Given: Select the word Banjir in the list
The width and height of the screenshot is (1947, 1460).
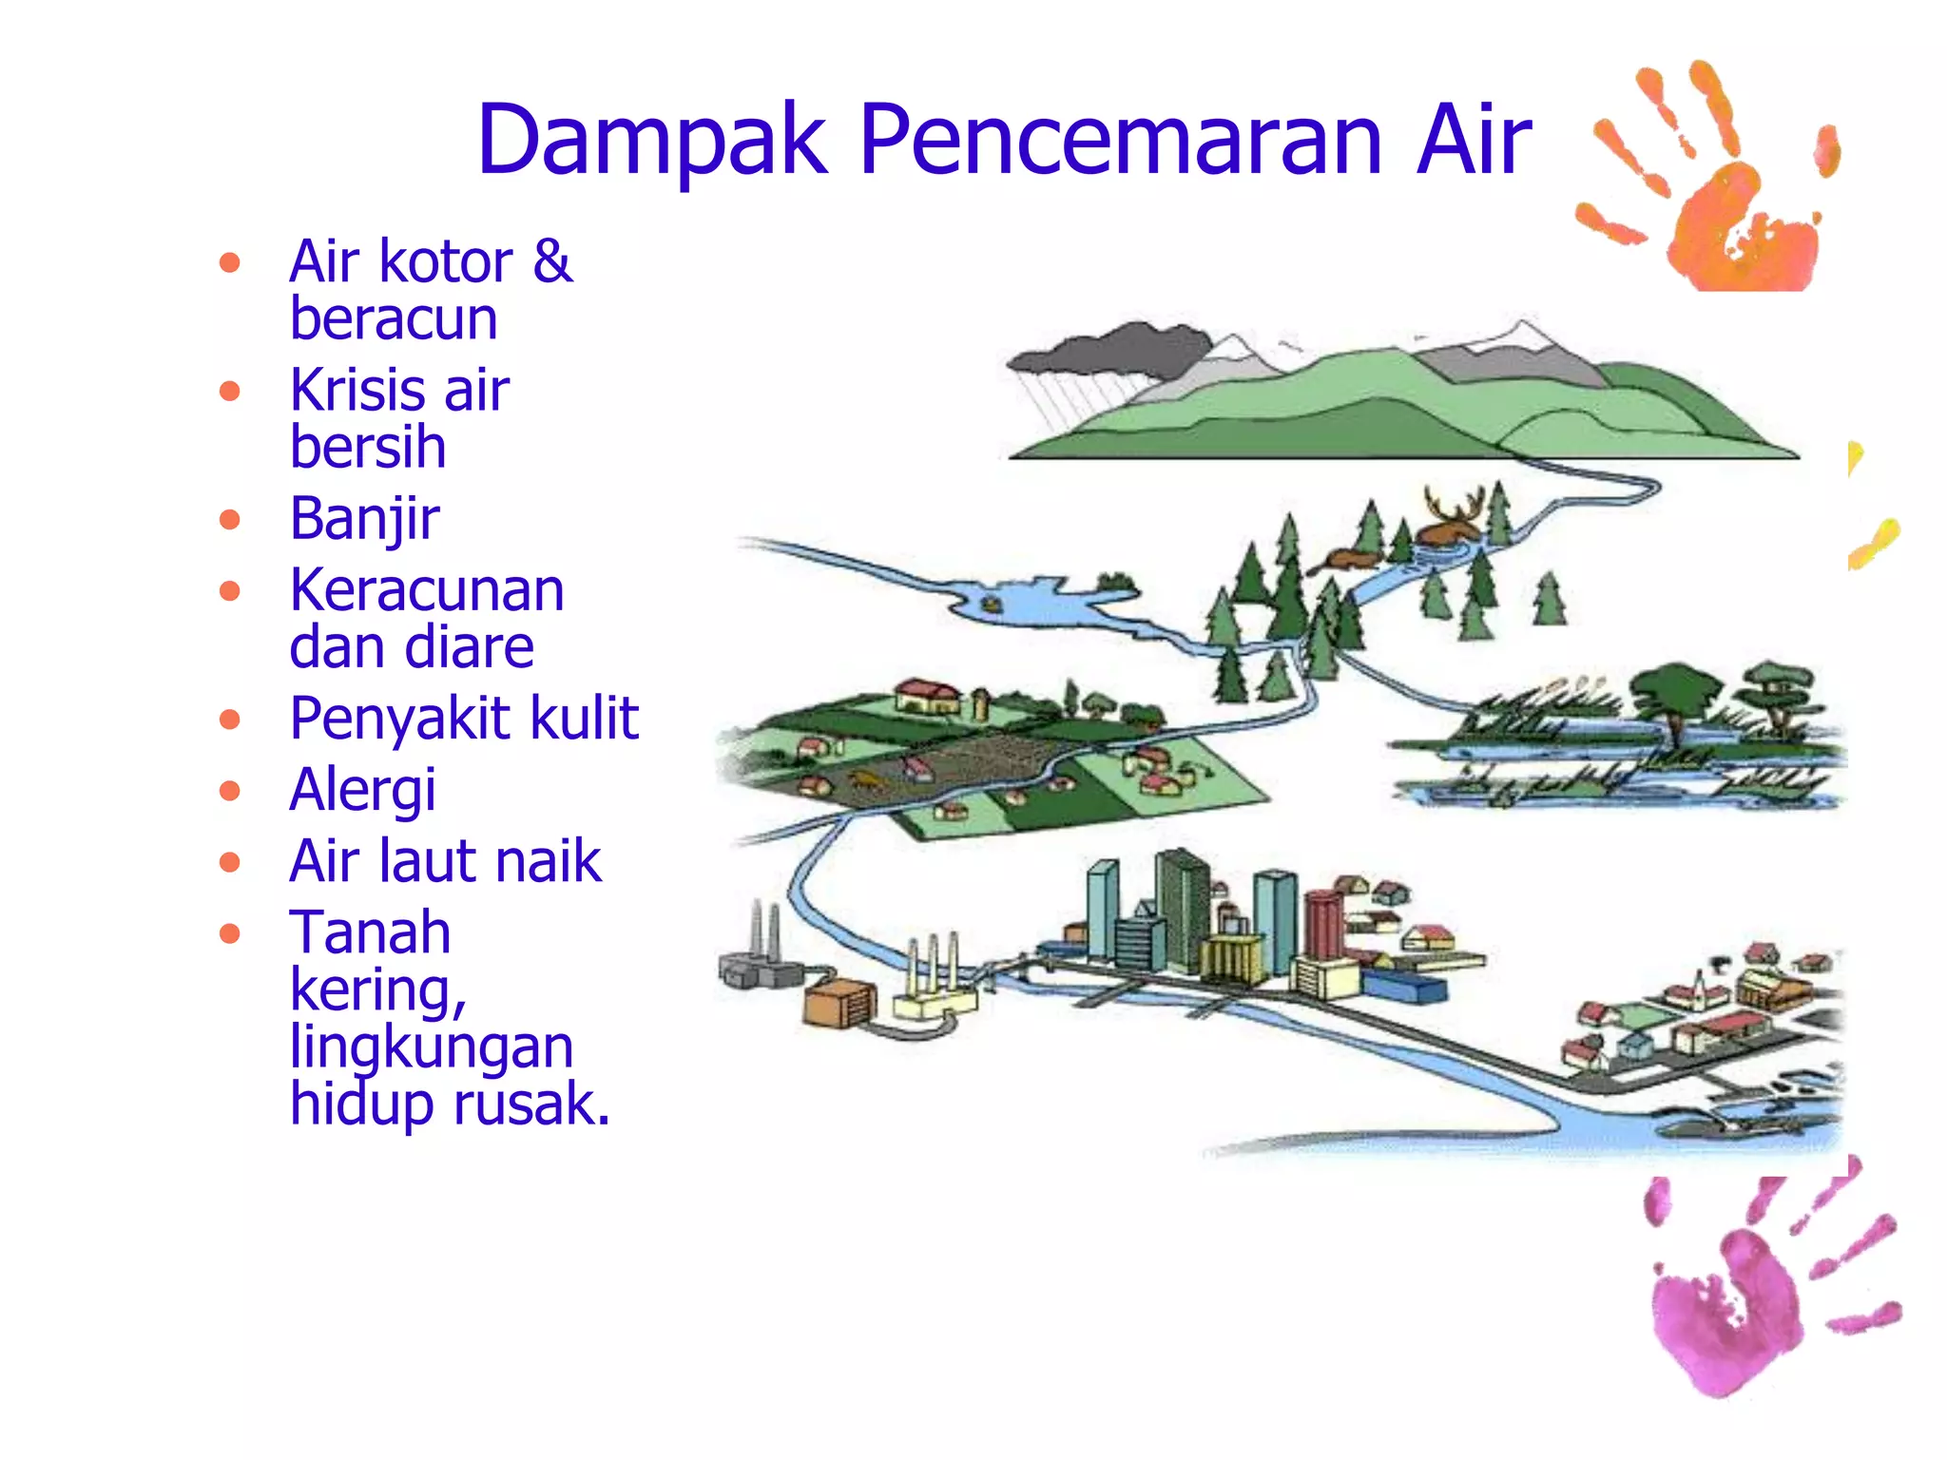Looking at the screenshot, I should pos(365,520).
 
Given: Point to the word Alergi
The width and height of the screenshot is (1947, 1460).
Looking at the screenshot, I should pos(362,790).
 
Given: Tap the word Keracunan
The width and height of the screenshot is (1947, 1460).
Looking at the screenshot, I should pos(427,590).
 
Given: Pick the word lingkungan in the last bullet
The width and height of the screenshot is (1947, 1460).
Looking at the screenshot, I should pos(432,1047).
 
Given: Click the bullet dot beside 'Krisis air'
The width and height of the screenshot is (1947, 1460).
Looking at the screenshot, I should pos(229,391).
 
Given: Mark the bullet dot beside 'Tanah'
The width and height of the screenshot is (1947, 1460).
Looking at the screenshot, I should pos(229,933).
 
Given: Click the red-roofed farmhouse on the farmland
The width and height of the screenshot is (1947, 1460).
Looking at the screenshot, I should pos(927,695).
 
